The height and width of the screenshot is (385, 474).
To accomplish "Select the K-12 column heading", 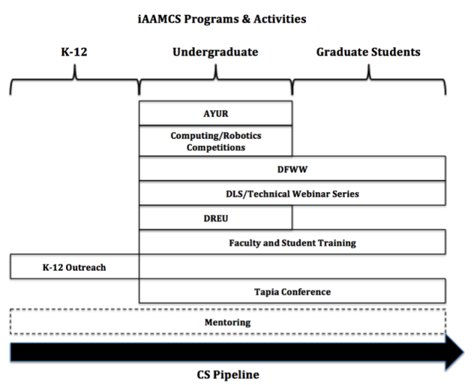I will tap(74, 52).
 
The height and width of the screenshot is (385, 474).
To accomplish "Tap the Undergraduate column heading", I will tap(215, 52).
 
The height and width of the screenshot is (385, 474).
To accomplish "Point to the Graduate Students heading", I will tap(368, 52).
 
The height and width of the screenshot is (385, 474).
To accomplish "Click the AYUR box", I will tap(216, 113).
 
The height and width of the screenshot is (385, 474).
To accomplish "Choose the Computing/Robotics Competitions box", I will tap(216, 141).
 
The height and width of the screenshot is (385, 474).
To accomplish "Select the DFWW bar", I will tap(292, 169).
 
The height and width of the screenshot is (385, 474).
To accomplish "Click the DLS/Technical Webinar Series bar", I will tap(292, 194).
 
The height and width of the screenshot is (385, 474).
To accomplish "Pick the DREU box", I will tap(216, 218).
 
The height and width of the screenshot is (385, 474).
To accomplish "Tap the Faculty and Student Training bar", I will tap(292, 243).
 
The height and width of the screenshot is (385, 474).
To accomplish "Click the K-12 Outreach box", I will tap(75, 267).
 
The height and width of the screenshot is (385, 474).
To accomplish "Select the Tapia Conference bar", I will tap(292, 292).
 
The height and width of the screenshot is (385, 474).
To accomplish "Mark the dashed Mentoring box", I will tap(227, 323).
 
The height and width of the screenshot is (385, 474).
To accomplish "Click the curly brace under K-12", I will tap(74, 84).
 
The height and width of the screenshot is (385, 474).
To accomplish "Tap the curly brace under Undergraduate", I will tap(216, 84).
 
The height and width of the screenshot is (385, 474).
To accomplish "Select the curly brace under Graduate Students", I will tap(369, 84).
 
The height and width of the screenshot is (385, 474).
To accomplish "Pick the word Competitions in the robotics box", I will tap(216, 146).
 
